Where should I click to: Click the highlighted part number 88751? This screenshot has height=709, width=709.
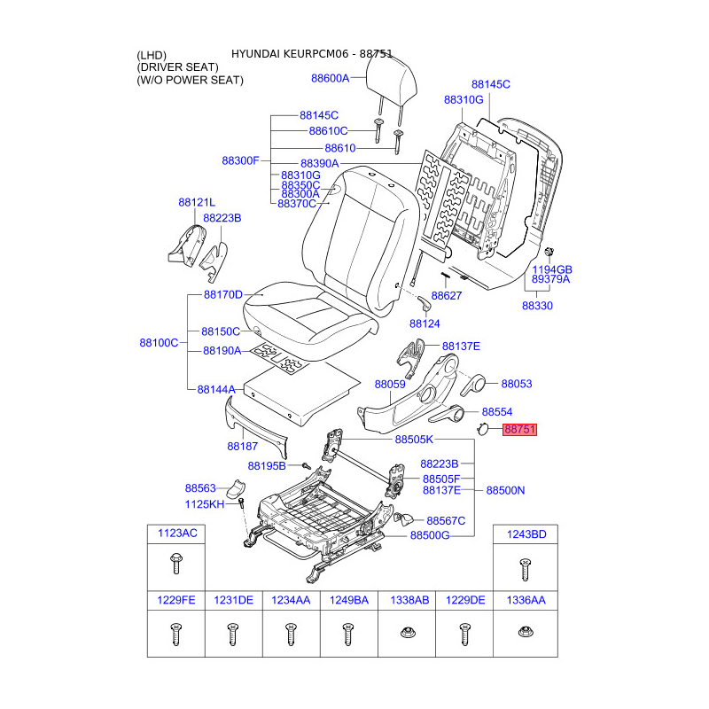coord(519,430)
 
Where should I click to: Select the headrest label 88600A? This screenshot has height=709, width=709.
coord(330,78)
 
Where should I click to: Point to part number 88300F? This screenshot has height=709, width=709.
coord(240,160)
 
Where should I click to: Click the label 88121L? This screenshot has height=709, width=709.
coord(197,203)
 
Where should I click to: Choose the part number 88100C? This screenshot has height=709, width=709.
coord(159,342)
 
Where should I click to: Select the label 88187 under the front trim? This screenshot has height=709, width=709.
coord(241,445)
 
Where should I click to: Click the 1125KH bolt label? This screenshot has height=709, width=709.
coord(205,504)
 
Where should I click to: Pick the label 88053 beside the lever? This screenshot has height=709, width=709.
coord(517,384)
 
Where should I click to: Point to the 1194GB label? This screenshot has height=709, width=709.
coord(552,269)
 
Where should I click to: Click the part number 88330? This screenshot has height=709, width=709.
coord(536,306)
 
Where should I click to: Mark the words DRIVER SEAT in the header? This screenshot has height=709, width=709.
coord(177,67)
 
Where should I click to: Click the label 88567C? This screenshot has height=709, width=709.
coord(446,520)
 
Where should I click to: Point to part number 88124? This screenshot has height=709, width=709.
coord(425,323)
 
